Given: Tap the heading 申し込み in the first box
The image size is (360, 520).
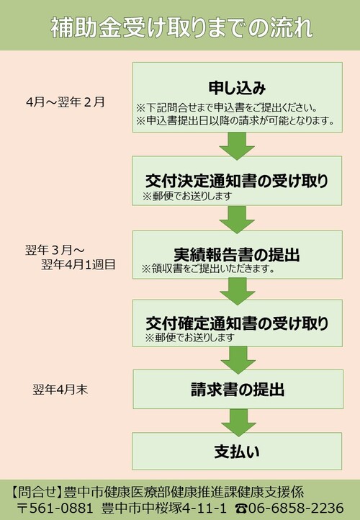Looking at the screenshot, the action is point(238,88).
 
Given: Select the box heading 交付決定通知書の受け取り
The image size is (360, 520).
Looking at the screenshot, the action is point(237,181).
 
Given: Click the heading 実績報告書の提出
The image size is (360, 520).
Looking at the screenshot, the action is point(237,254).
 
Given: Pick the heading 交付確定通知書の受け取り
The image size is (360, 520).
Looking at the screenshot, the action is point(237,323).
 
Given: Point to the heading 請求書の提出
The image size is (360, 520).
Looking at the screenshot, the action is point(238,389).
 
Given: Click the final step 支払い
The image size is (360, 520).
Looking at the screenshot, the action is point(237,452).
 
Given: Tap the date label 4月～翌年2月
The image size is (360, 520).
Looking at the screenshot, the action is point(66,102).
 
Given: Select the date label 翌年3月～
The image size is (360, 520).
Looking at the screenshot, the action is point(55,250).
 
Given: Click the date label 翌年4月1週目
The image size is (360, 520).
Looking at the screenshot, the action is point(78,264).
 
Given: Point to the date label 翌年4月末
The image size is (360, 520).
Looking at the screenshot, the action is point(60,390).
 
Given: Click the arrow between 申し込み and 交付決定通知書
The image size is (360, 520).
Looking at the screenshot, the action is point(237,146).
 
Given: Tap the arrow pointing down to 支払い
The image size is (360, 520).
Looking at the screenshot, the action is point(238,423).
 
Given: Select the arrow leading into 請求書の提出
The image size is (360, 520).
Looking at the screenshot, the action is point(238,360).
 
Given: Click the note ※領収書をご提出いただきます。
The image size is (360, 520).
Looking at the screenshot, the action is point(209,269).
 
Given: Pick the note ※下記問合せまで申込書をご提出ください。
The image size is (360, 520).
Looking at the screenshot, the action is point(227,108).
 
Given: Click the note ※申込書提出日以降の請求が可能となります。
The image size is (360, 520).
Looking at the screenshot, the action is point(235,120).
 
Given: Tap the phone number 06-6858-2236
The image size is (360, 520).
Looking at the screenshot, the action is point(289,508).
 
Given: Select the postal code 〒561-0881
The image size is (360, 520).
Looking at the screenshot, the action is point(55,508).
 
